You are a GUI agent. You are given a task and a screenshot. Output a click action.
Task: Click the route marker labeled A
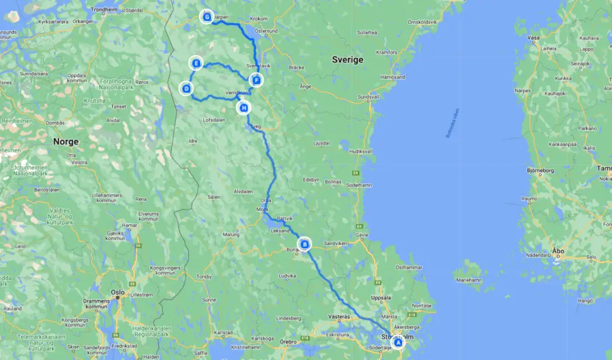(397, 343)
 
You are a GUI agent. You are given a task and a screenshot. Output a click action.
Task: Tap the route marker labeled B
(305, 243)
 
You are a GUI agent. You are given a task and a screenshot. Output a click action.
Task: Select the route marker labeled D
(186, 89)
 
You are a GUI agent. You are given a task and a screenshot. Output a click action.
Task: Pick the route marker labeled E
(195, 63)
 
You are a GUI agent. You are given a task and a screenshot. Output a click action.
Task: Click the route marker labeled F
(256, 80)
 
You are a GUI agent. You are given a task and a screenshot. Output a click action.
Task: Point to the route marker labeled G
(207, 17)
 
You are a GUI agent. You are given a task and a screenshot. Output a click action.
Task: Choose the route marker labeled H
(244, 108)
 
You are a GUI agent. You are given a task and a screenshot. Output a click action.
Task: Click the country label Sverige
(347, 60)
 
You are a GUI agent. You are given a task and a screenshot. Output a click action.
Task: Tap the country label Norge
(66, 142)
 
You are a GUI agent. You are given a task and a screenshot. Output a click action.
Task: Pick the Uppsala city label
(381, 297)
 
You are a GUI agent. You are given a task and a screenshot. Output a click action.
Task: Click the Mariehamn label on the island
(469, 280)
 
